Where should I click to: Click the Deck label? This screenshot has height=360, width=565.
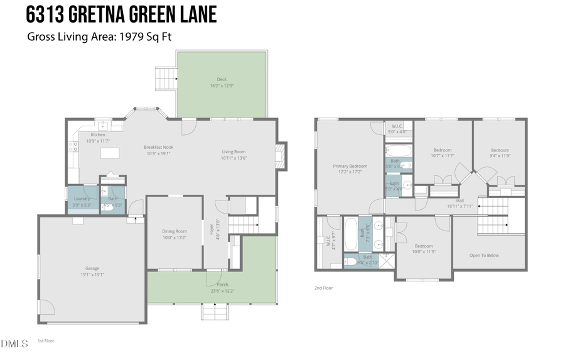tap(221, 79)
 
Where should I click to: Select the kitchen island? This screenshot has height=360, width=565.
tap(110, 153)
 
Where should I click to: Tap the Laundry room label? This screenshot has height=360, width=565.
tap(82, 199)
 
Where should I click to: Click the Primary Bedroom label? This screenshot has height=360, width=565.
tap(350, 166)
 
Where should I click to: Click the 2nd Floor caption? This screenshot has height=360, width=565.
tap(323, 288)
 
